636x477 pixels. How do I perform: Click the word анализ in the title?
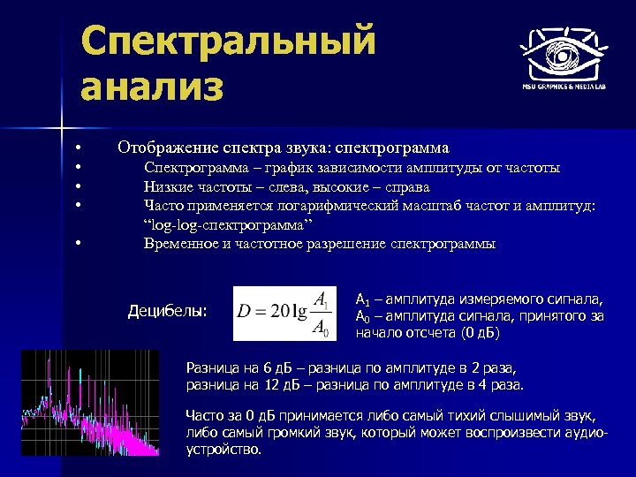click(151, 88)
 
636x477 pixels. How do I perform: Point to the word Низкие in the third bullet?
click(166, 186)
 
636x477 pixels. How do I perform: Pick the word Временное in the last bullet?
click(179, 244)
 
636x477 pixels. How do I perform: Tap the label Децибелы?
click(168, 311)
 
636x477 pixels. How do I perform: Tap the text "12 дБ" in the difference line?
click(281, 385)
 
